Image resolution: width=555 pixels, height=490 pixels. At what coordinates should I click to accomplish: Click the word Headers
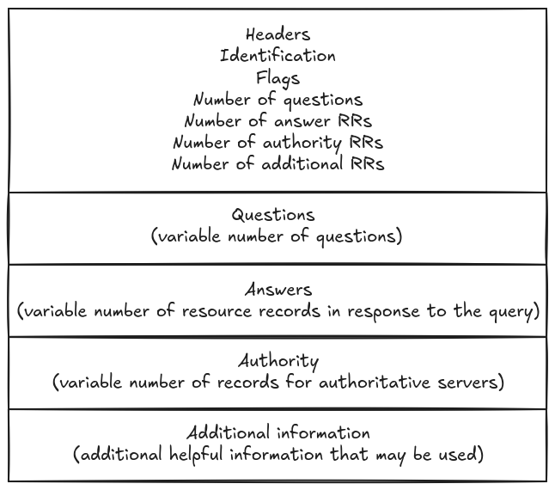[x=277, y=34]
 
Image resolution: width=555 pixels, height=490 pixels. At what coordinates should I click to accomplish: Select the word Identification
[x=277, y=56]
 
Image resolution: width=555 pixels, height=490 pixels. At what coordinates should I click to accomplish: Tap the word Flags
[x=277, y=78]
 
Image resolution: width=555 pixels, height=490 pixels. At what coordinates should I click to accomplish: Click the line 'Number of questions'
[x=277, y=101]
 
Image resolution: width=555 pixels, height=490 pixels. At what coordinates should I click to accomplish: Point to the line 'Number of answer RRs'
[x=277, y=121]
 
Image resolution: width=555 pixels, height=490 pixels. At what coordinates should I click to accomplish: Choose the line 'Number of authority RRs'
[x=277, y=143]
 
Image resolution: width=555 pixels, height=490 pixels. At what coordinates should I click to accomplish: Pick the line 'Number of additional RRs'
[x=277, y=164]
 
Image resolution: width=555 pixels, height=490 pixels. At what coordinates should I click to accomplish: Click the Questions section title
[x=273, y=215]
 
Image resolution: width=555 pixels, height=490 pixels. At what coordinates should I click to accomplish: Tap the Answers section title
[x=278, y=290]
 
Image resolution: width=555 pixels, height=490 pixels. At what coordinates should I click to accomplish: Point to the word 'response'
[x=383, y=312]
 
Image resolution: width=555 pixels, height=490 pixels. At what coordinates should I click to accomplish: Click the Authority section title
[x=278, y=361]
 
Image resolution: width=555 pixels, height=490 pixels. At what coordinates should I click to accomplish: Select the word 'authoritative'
[x=375, y=383]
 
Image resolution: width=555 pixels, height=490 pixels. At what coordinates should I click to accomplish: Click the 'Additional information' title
[x=278, y=432]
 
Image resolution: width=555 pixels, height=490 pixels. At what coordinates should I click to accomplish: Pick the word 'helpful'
[x=196, y=455]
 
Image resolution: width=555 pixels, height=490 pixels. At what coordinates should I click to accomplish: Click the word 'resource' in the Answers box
[x=216, y=311]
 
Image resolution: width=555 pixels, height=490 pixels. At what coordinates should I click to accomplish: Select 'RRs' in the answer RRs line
[x=355, y=121]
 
